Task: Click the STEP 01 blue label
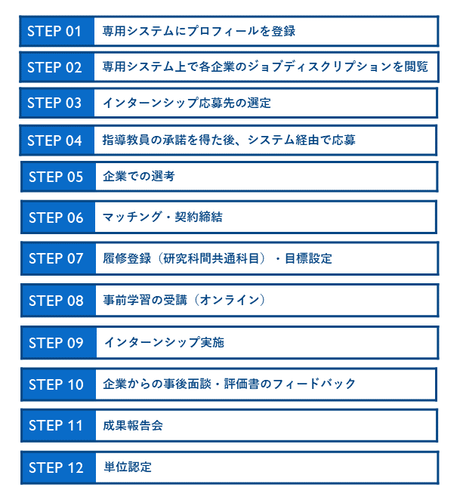click(57, 31)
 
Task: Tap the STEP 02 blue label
click(57, 67)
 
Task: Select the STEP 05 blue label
click(58, 177)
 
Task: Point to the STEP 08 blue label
click(58, 301)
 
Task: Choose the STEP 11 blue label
click(58, 425)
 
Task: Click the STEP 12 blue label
click(58, 468)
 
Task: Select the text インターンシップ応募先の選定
click(187, 103)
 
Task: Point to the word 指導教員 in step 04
click(126, 140)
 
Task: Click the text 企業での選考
click(139, 176)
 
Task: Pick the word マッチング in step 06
click(132, 217)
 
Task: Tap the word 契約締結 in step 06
click(199, 217)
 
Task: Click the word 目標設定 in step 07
click(308, 258)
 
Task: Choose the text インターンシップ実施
click(164, 342)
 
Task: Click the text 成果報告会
click(133, 425)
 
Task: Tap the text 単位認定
click(128, 467)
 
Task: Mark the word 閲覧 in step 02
click(416, 66)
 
